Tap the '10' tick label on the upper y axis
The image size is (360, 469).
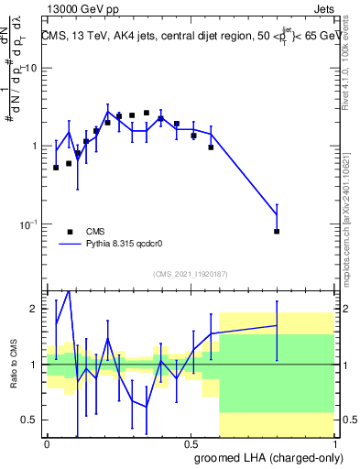30,69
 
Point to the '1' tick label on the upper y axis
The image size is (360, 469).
34,147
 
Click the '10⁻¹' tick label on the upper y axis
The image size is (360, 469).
28,224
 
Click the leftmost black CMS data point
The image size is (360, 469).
56,168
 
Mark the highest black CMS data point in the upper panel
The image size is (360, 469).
146,113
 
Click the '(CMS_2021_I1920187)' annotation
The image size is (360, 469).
190,274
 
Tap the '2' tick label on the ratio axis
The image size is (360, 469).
35,309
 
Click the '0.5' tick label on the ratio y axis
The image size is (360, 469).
29,420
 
